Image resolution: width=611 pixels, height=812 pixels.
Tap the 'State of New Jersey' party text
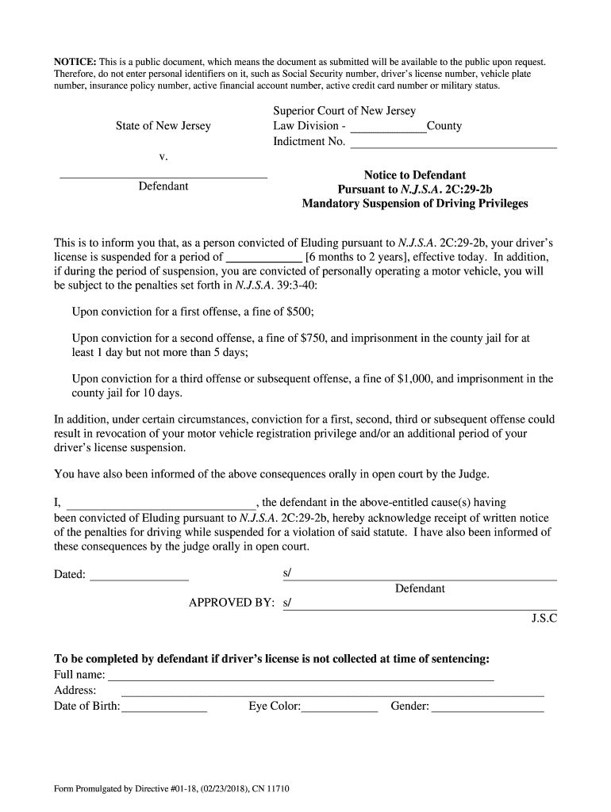pyautogui.click(x=163, y=126)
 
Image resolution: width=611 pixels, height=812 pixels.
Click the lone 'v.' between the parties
pyautogui.click(x=163, y=157)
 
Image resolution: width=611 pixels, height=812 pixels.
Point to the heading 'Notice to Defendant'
pyautogui.click(x=414, y=174)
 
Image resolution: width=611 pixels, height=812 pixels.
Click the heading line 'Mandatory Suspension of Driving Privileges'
pyautogui.click(x=414, y=204)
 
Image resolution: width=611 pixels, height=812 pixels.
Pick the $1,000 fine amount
pyautogui.click(x=413, y=379)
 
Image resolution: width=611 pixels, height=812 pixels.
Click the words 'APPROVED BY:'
pyautogui.click(x=232, y=603)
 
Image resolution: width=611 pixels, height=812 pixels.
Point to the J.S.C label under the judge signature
pyautogui.click(x=544, y=619)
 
